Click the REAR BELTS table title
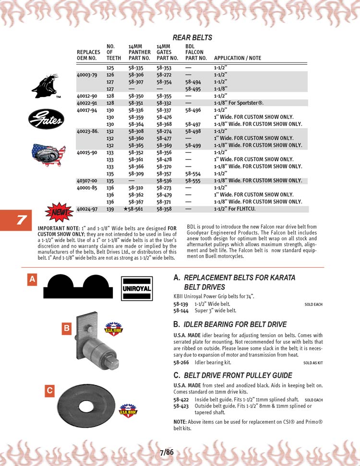[x=192, y=37]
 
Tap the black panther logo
[x=45, y=86]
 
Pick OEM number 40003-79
[x=87, y=75]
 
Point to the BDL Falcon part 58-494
[x=193, y=82]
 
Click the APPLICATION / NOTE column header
[x=238, y=58]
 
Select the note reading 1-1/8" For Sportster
[x=239, y=103]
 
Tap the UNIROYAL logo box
[x=137, y=288]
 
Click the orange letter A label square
[x=32, y=279]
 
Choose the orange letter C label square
[x=49, y=391]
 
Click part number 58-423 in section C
[x=181, y=406]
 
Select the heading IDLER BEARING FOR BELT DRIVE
[x=235, y=324]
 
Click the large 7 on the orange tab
[x=21, y=220]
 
